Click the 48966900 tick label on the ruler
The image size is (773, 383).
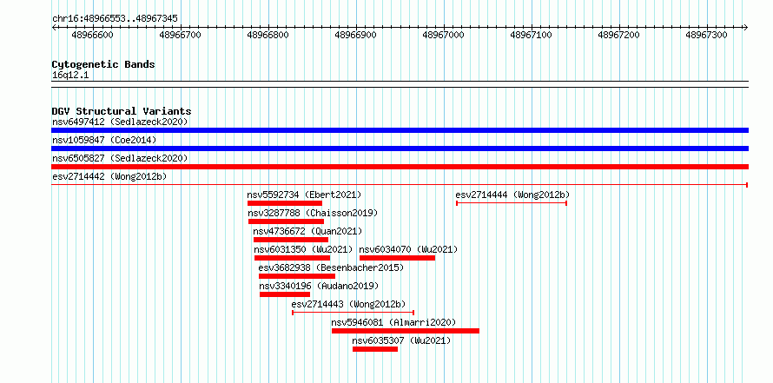coord(355,35)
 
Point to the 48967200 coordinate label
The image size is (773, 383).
coord(618,35)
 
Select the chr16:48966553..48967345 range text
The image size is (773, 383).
coord(115,19)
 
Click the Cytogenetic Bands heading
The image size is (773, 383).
coord(103,64)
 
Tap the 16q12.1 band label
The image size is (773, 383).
coord(70,76)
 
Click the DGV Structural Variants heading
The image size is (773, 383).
coord(122,111)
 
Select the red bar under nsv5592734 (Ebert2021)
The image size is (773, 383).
coord(285,203)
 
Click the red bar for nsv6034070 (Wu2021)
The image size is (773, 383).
coord(397,258)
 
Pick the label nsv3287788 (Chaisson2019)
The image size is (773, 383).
coord(313,214)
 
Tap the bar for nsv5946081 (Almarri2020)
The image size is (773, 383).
coord(406,331)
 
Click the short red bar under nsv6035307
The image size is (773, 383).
coord(375,349)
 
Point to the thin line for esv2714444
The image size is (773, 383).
coord(512,203)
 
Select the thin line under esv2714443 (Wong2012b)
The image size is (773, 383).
coord(353,313)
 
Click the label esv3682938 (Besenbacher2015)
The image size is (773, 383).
coord(331,268)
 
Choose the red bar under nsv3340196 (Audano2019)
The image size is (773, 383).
coord(285,294)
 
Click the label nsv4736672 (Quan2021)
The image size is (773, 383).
coord(307,232)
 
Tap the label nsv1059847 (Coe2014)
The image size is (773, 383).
coord(104,141)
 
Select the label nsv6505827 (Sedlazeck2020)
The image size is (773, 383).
coord(120,159)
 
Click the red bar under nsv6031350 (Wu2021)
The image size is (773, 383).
coord(293,258)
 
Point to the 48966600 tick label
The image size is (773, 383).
coord(92,35)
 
